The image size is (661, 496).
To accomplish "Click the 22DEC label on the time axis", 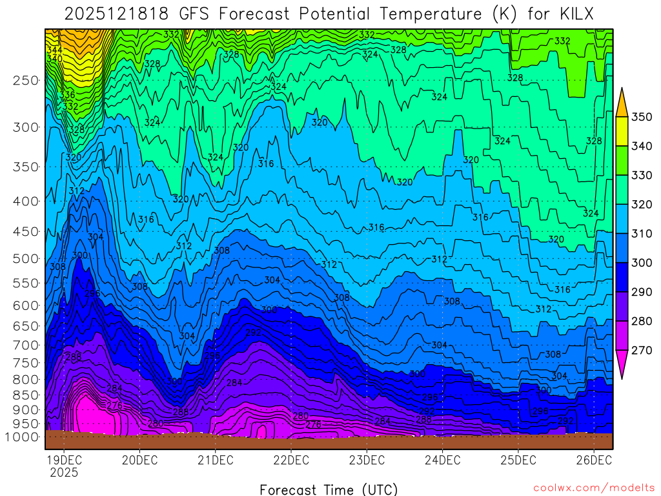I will coord(290,460).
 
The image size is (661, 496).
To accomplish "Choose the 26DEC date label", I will coord(593,460).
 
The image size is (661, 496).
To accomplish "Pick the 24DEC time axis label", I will coord(442,460).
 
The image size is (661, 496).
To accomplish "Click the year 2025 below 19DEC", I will coord(63,472).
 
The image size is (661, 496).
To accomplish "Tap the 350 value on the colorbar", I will coord(641,117).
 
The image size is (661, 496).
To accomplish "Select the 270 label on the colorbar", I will coord(641,350).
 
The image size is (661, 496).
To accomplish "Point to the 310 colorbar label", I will coord(641,233).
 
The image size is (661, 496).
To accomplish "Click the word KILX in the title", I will coord(569,14).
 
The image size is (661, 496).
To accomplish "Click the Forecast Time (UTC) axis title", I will coord(329,489).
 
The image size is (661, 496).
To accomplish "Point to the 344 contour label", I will coord(55,50).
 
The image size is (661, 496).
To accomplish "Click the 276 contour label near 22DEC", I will coord(313,424).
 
